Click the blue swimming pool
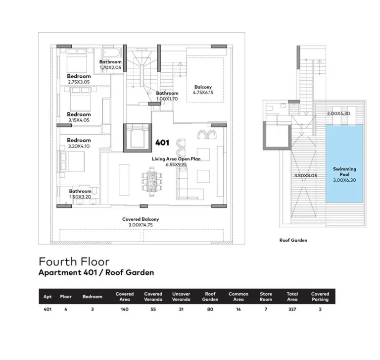coord(344,163)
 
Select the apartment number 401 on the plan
coord(162,143)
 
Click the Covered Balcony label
coord(141,219)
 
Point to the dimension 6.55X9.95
coord(176,165)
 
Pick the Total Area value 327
coord(292,309)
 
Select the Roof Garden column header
coord(210,297)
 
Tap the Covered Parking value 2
coord(320,309)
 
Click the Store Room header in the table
coord(266,297)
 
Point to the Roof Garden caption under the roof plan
coord(293,240)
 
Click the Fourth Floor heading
coord(74,262)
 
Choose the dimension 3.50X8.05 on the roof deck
coord(306,175)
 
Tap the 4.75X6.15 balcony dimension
coord(203,93)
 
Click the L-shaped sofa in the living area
coord(190,184)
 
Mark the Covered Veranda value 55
coord(153,309)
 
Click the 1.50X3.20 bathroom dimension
coord(80,197)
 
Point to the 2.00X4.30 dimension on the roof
coord(338,113)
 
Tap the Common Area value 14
coord(238,309)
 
